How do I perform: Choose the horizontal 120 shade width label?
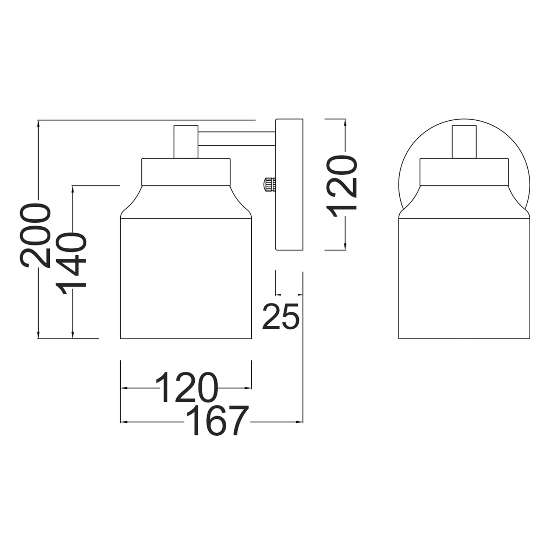point(186,387)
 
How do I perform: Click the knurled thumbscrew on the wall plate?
point(269,184)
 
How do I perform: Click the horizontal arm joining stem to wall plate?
point(237,139)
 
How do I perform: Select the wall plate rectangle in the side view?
point(289,184)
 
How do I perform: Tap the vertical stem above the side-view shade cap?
point(186,142)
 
